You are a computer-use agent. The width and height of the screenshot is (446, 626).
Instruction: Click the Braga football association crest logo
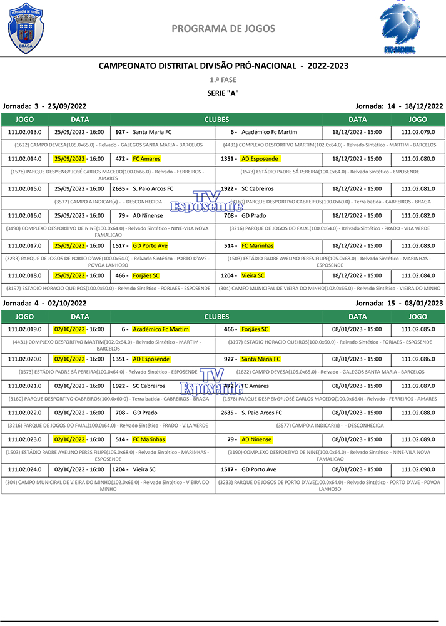(x=26, y=28)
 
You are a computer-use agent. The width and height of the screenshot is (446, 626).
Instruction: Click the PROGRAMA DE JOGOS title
(x=223, y=28)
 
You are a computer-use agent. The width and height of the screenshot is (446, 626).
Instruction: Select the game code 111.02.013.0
(x=24, y=132)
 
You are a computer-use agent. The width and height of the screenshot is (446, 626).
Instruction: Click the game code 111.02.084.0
(x=418, y=275)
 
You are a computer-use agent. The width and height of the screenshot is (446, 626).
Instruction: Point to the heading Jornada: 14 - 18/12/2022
(x=399, y=106)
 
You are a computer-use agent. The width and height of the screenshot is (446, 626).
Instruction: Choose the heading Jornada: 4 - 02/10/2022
(x=44, y=303)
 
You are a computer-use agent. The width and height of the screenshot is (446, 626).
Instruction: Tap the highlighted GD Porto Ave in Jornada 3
(x=150, y=246)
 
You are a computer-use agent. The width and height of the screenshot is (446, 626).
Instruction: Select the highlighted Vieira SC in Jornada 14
(x=253, y=275)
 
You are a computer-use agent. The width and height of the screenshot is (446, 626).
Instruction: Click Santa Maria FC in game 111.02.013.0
(x=152, y=132)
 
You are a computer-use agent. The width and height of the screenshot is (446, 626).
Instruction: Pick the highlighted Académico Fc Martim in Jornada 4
(x=161, y=329)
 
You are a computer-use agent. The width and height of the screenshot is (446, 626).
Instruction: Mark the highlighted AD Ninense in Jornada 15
(x=256, y=439)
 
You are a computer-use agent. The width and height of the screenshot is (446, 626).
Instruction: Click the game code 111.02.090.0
(x=418, y=469)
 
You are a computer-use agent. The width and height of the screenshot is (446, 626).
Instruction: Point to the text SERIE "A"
(x=223, y=93)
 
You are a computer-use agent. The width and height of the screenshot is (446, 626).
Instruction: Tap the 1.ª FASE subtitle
(x=223, y=80)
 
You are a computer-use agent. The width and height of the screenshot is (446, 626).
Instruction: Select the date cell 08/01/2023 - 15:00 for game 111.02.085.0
(x=357, y=329)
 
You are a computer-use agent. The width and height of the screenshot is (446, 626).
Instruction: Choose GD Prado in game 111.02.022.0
(x=145, y=413)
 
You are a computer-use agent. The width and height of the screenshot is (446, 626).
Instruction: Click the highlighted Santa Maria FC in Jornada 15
(x=261, y=359)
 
